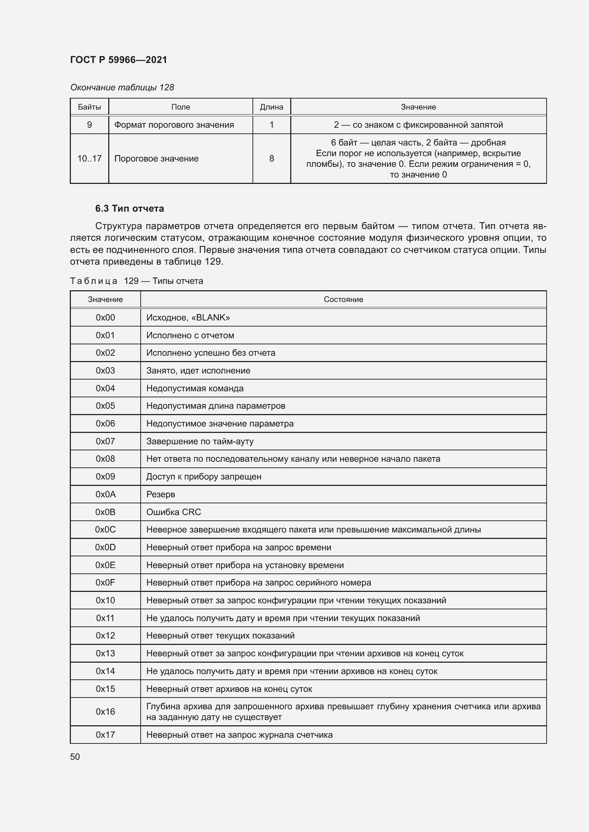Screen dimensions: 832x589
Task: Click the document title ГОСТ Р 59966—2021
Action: pyautogui.click(x=119, y=60)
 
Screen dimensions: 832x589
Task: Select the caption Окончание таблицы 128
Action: pyautogui.click(x=122, y=88)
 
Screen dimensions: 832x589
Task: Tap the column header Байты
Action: pyautogui.click(x=89, y=107)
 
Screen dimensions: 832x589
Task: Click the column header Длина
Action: pyautogui.click(x=271, y=107)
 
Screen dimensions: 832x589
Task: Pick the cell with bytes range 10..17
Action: pyautogui.click(x=89, y=158)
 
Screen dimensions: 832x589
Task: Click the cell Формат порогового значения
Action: pyautogui.click(x=174, y=125)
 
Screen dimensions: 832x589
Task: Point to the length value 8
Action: pyautogui.click(x=271, y=158)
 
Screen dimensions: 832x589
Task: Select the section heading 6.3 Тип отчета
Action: pyautogui.click(x=130, y=208)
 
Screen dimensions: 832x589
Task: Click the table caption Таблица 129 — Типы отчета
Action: pyautogui.click(x=136, y=281)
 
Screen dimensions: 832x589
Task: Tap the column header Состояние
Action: pyautogui.click(x=343, y=299)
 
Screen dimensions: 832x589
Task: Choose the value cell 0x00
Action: pyautogui.click(x=105, y=317)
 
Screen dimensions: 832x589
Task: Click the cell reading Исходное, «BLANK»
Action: pyautogui.click(x=188, y=317)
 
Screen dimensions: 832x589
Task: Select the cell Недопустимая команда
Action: pyautogui.click(x=195, y=388)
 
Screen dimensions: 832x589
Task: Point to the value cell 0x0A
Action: pyautogui.click(x=105, y=494)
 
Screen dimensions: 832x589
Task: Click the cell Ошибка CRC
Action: pyautogui.click(x=173, y=512)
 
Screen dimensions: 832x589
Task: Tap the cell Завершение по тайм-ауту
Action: pyautogui.click(x=200, y=441)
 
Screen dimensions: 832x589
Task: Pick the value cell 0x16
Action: pyautogui.click(x=105, y=711)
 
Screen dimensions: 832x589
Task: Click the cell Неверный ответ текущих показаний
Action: pyautogui.click(x=220, y=636)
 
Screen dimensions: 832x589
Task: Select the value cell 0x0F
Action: pyautogui.click(x=105, y=583)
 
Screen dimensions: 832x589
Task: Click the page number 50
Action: pyautogui.click(x=75, y=757)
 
